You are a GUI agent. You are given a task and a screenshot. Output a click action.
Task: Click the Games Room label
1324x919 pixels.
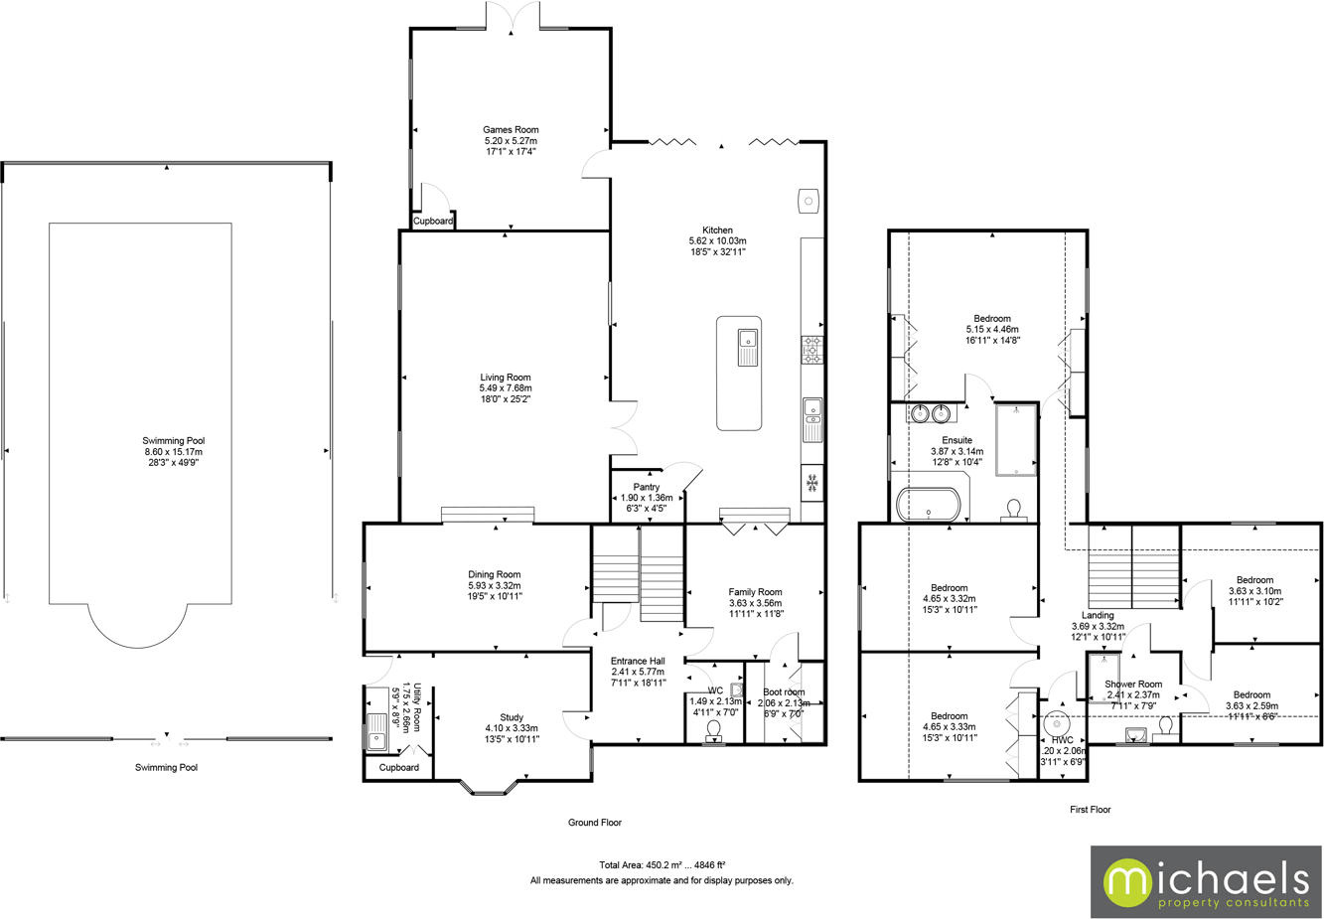(511, 130)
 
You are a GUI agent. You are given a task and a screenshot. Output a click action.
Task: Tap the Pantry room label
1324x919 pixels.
(647, 487)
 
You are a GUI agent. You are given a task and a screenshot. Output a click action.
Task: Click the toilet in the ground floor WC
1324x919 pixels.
(713, 730)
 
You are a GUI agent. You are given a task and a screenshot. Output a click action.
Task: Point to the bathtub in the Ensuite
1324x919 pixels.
(929, 506)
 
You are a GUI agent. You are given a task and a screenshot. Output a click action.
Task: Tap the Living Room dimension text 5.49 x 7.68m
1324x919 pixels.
(506, 388)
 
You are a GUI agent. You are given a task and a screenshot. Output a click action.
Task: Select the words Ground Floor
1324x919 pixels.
(595, 823)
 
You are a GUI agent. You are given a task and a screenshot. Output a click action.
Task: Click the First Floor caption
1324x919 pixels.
(1090, 810)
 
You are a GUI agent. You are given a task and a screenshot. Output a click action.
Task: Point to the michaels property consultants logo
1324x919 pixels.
(1206, 882)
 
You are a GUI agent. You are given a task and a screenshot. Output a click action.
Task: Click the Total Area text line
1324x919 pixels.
(662, 865)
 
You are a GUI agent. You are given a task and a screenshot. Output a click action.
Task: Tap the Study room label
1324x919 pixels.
(512, 717)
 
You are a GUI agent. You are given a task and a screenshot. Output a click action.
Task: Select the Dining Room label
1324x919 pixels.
(495, 574)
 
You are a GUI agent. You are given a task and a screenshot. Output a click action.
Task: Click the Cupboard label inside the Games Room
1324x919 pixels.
(433, 222)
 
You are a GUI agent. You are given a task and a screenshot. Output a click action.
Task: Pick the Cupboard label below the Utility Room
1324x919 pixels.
(399, 768)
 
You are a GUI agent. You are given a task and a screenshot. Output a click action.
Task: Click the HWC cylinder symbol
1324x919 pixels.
(1057, 723)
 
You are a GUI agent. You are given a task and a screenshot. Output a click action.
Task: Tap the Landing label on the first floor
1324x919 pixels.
(1098, 616)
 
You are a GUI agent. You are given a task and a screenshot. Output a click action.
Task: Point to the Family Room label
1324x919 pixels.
(755, 592)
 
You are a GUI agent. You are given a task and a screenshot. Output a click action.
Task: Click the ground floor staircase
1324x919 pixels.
(638, 576)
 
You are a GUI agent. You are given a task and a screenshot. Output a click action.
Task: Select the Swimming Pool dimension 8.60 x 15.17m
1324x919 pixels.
(174, 452)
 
